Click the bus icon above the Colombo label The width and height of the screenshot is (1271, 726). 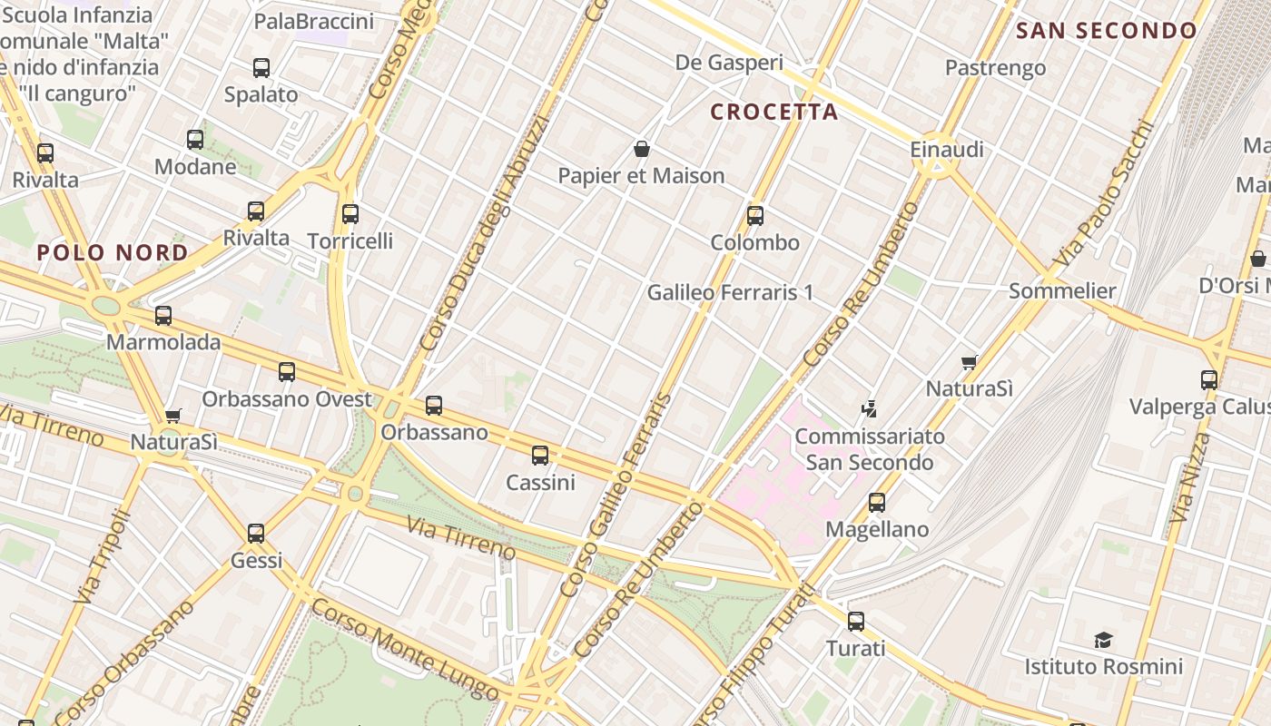pos(754,216)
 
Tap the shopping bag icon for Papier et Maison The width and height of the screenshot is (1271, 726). pos(642,149)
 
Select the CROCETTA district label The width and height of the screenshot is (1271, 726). pos(773,112)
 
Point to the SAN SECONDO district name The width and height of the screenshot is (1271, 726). pos(1107,31)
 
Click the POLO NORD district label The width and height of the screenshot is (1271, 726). pos(113,252)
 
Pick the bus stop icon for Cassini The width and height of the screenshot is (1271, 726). pos(540,456)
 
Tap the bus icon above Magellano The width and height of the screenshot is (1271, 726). pos(876,503)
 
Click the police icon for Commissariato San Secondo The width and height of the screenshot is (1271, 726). pos(869,409)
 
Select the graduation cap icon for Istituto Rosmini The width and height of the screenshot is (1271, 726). pos(1103,641)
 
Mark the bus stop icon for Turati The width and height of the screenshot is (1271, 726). pos(855,622)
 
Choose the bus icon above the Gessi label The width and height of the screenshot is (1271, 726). pos(256,534)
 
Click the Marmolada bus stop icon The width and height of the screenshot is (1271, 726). pos(163,316)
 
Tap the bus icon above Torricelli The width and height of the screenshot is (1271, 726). pos(350,214)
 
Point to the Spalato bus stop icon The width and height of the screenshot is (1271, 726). pos(261,67)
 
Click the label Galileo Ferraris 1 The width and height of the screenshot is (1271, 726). pos(730,293)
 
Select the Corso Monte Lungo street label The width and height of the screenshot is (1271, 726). pos(404,649)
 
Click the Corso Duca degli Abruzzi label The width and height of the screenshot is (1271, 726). pos(485,233)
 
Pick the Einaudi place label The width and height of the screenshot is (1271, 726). pos(947,150)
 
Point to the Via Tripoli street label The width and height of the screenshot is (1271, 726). pos(101,557)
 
